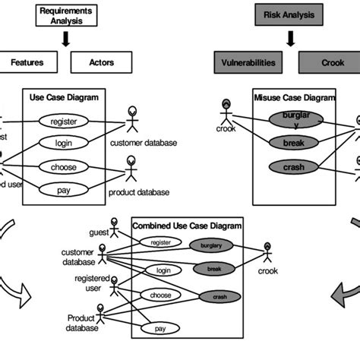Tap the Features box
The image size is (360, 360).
click(x=27, y=62)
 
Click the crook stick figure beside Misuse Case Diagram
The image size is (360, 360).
click(x=226, y=112)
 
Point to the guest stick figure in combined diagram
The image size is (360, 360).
click(x=115, y=228)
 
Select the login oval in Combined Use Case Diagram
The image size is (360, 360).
click(x=163, y=270)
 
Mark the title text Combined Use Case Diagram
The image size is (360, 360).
click(x=187, y=226)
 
